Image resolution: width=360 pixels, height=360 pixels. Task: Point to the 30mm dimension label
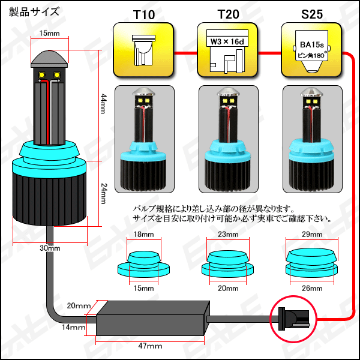[x=50, y=248]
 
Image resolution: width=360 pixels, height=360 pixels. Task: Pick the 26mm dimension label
[x=312, y=288]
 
